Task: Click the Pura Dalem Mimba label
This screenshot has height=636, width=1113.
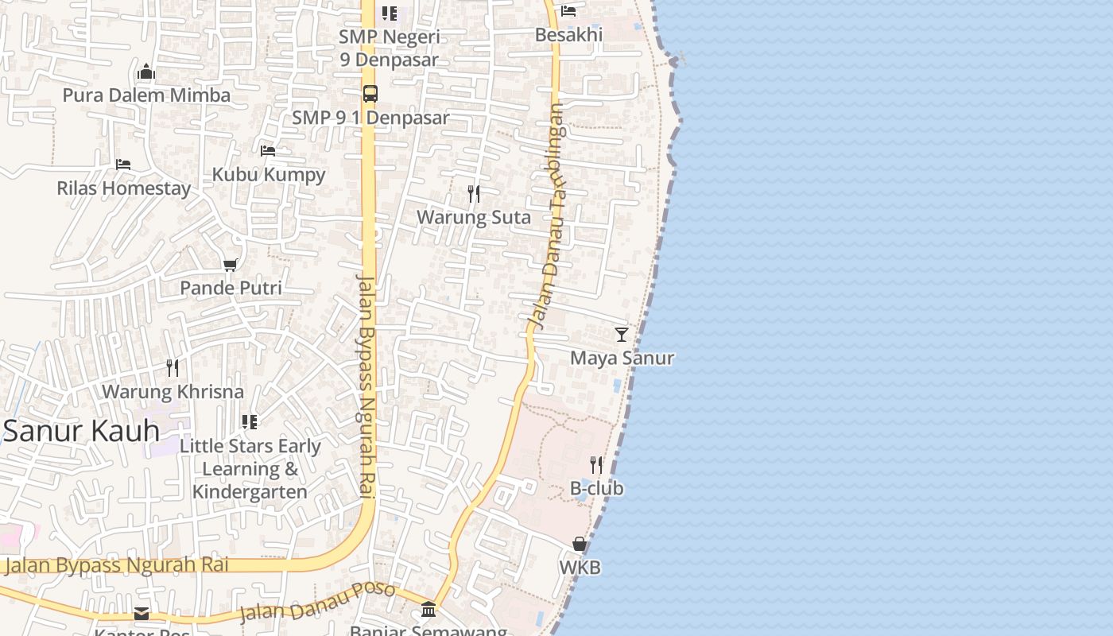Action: (146, 95)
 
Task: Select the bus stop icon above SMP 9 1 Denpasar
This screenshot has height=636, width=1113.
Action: (370, 94)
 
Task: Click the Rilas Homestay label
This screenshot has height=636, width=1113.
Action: (124, 188)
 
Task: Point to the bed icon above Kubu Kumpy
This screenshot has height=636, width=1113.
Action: (268, 151)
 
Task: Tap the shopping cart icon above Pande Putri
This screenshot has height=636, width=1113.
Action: (231, 265)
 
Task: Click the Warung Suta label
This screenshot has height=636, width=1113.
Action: (474, 217)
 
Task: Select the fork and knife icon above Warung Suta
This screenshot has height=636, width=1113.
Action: (474, 194)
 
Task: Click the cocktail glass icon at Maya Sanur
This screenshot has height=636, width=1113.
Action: (622, 335)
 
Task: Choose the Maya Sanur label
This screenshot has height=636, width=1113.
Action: (622, 358)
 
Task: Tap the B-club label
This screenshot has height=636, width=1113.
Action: (596, 488)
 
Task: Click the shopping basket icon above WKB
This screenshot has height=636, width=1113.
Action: (580, 545)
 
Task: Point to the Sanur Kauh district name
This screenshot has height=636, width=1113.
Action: (81, 431)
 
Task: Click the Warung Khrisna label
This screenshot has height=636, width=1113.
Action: (173, 392)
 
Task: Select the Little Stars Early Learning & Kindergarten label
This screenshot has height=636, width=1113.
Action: (250, 469)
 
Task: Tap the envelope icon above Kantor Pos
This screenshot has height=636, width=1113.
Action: (142, 613)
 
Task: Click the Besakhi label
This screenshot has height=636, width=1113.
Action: (568, 35)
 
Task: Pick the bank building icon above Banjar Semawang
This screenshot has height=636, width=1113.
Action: (429, 610)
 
